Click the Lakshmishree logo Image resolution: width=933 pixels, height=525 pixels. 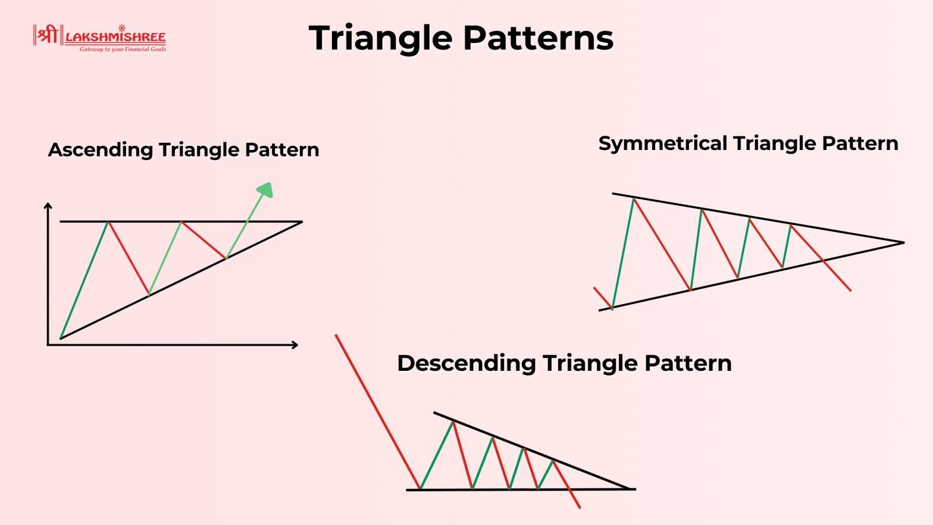(99, 37)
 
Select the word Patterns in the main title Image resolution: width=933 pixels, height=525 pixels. (538, 38)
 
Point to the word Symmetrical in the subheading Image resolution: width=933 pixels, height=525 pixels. (663, 143)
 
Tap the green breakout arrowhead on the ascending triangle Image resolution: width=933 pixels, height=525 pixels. (265, 190)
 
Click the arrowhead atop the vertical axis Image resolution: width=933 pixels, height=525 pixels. (48, 206)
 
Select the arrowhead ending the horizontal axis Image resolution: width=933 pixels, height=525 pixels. (295, 345)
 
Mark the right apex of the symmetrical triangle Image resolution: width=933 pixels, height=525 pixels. (903, 242)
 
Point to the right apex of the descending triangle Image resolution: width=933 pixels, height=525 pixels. (631, 489)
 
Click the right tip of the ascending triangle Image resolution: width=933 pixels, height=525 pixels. (301, 222)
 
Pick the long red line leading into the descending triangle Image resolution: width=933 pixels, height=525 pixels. (377, 411)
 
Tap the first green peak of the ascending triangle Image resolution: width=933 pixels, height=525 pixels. (108, 223)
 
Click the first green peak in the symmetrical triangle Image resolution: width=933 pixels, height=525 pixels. (634, 199)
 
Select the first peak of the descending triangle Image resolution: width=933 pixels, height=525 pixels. (453, 421)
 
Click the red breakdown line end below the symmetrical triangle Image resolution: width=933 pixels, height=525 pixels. (850, 290)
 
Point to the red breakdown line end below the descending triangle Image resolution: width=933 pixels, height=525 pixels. (579, 508)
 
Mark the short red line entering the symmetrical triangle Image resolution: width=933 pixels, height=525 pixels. (602, 298)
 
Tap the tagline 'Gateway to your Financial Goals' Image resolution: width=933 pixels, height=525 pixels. (123, 49)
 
